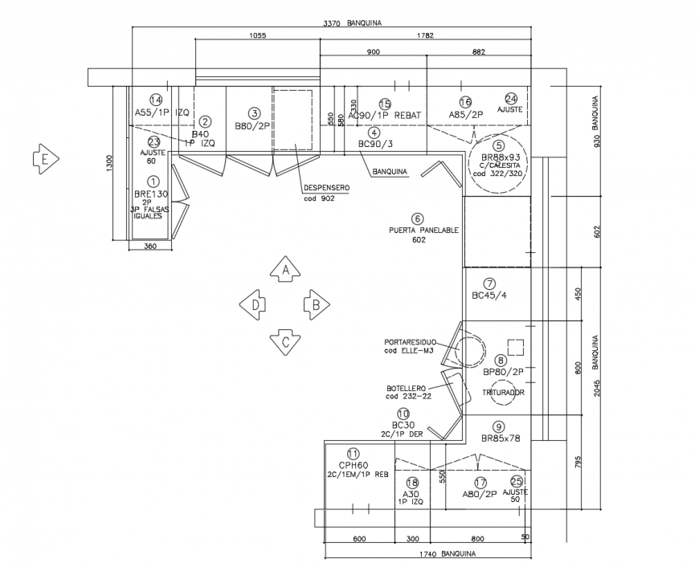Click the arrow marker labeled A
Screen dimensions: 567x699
[x=284, y=271]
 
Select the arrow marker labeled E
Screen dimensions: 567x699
[x=44, y=159]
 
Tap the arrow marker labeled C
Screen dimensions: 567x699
[x=284, y=341]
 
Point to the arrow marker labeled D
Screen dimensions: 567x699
[x=253, y=305]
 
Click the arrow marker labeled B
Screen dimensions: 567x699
[x=317, y=305]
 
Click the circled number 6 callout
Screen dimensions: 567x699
[x=417, y=218]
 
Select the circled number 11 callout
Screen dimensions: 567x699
[x=353, y=453]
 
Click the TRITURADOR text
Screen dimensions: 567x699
[x=504, y=393]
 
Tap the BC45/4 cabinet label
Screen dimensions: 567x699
[x=489, y=295]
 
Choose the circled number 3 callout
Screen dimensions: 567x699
[x=254, y=114]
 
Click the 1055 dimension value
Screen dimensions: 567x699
[x=257, y=36]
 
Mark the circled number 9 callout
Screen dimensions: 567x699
[x=498, y=426]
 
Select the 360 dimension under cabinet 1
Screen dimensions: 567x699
[x=150, y=247]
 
